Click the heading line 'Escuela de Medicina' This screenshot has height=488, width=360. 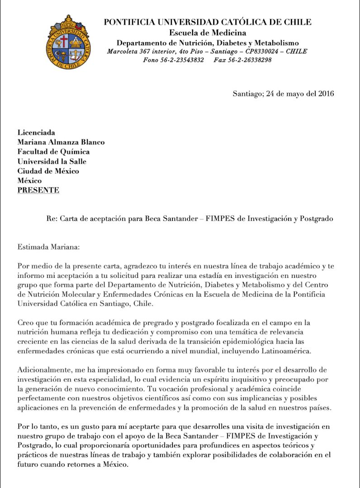pos(208,33)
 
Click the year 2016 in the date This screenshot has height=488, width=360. pos(326,94)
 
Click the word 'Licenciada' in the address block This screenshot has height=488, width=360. pos(36,133)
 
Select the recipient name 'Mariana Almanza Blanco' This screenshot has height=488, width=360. pos(61,142)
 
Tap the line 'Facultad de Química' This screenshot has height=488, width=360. pos(53,152)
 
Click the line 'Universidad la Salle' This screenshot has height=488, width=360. pos(52,162)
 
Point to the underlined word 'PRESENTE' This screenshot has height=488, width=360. pos(38,190)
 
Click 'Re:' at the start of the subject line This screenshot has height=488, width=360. pos(52,219)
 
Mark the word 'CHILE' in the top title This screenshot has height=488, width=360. pos(299,22)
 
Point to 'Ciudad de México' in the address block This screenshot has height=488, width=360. pos(48,171)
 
